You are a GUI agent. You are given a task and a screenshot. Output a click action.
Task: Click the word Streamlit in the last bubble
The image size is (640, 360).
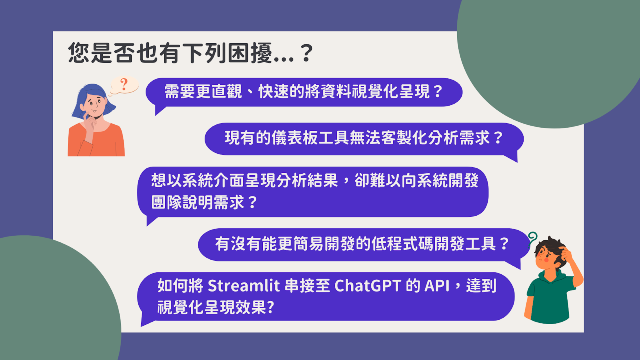point(244,286)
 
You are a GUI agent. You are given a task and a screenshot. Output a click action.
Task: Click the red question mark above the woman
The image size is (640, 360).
point(124,84)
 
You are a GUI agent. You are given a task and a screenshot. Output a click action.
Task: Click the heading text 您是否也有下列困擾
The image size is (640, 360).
point(170,53)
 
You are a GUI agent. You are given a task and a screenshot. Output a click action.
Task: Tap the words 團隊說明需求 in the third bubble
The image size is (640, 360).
point(198,202)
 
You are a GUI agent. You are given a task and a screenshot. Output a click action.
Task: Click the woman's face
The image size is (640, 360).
point(94,104)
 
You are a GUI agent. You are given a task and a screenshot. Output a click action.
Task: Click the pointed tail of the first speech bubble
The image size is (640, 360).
point(156,114)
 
